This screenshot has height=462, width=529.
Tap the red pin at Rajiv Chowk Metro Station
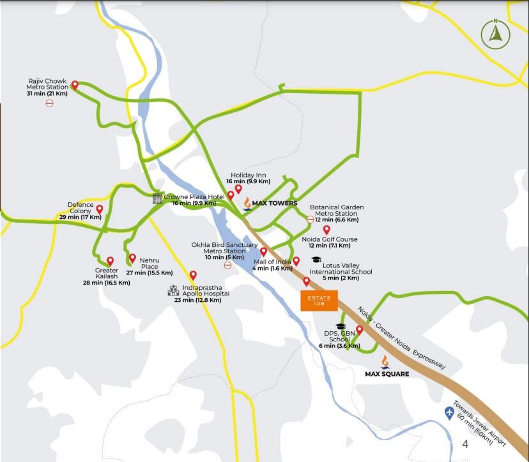coord(75,86)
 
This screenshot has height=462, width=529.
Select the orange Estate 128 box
coord(319,301)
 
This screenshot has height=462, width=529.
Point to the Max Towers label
coord(274,204)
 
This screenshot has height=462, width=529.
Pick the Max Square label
coord(387,373)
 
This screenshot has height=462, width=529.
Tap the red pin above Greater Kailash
coord(110,261)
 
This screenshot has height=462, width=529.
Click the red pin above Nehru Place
coord(133,258)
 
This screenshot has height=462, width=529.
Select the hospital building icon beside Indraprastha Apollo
coord(173,290)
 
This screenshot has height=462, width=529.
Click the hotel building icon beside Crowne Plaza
coord(157,198)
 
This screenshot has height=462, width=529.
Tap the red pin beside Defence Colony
coord(100,209)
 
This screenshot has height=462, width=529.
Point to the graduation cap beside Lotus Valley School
coord(316,259)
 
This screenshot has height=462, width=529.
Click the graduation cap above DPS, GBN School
coord(341,326)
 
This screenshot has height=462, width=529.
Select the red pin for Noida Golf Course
coord(326,230)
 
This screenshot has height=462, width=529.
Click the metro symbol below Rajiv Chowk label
coord(49,103)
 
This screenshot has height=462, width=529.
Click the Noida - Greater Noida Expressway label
coord(401,338)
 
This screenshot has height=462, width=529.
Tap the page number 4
coord(465,443)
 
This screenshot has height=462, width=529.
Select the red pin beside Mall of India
coord(296,261)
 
